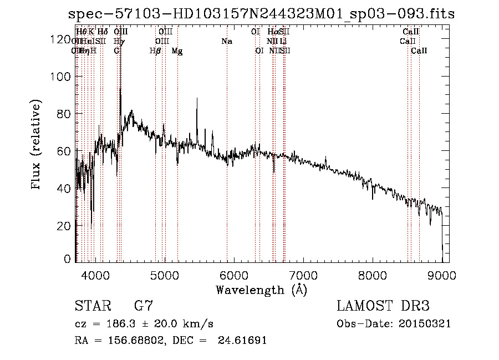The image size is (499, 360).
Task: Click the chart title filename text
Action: coord(261,14)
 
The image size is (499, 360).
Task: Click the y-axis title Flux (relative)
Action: coord(37,145)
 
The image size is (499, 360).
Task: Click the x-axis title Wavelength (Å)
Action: coord(261,290)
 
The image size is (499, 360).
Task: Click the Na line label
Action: coord(226,42)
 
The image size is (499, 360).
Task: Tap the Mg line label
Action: coord(177,51)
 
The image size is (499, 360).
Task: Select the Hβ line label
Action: coord(155,51)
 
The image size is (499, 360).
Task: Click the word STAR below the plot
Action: coord(91,306)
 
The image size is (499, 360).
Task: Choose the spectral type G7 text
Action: coord(143,306)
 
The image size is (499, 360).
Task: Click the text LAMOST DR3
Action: coord(383,306)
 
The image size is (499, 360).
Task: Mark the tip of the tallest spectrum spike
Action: coord(120,88)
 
